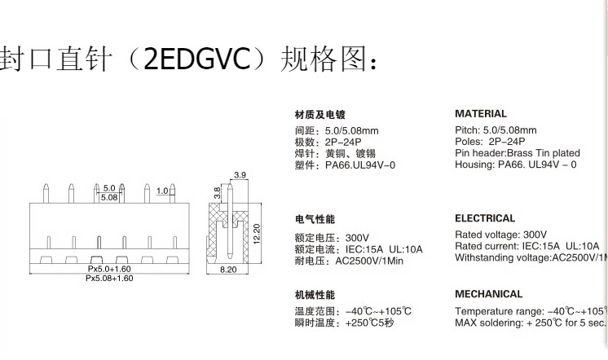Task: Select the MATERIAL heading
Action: coord(481,114)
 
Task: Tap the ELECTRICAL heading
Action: coord(485,218)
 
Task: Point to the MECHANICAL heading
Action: coord(489,294)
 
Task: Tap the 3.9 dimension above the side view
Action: coord(240,176)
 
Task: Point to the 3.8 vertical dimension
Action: coord(218,193)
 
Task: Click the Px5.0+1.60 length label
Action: coord(109,268)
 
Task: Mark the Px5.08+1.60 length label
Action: coord(109,278)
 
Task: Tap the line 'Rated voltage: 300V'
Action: coord(501,235)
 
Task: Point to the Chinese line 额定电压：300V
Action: coord(335,238)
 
